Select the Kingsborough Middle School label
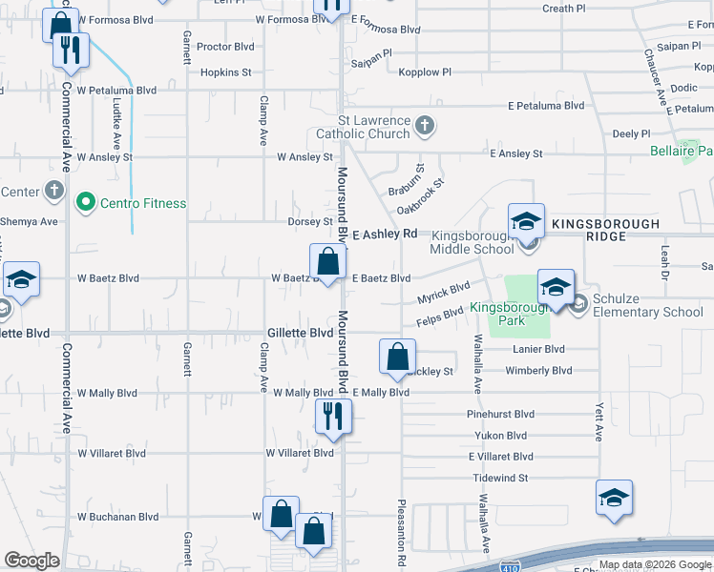(472, 242)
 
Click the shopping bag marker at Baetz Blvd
(327, 261)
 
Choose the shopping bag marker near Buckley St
(397, 357)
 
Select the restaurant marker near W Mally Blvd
(334, 417)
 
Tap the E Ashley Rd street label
(385, 234)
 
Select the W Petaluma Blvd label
(116, 91)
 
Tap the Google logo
(31, 561)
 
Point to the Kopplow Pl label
(425, 71)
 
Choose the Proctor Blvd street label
(226, 46)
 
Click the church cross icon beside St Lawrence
(426, 125)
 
